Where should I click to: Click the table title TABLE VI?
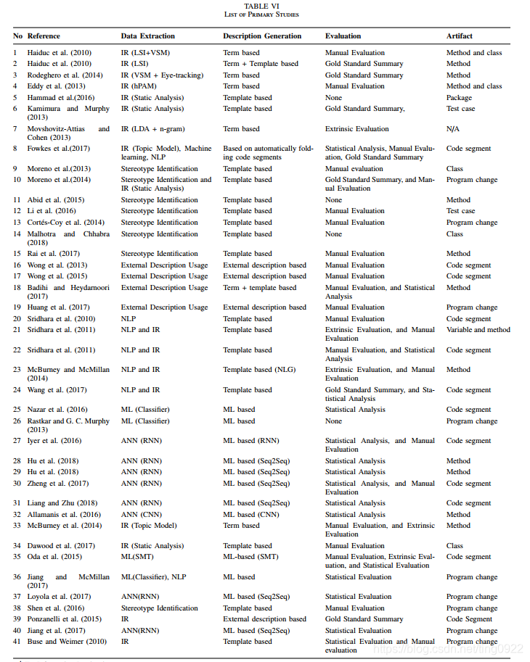(x=266, y=7)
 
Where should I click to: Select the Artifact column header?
(x=459, y=36)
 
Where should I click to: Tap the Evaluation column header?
(x=343, y=36)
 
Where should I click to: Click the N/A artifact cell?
(x=454, y=129)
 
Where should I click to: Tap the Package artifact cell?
(x=459, y=98)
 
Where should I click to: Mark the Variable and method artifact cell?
(x=478, y=330)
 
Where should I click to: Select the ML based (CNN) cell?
(x=256, y=515)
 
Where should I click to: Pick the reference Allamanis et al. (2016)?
(x=65, y=515)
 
